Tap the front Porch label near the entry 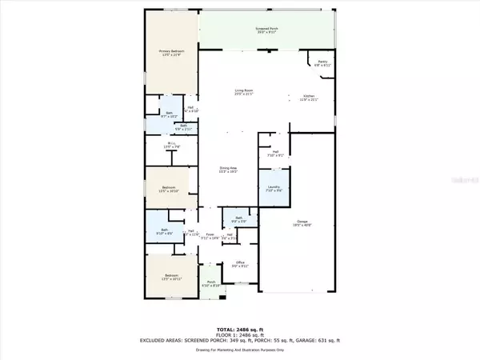(x=211, y=283)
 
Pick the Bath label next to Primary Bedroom (x=169, y=114)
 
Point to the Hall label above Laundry (x=274, y=154)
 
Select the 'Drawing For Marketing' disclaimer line (x=239, y=348)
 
